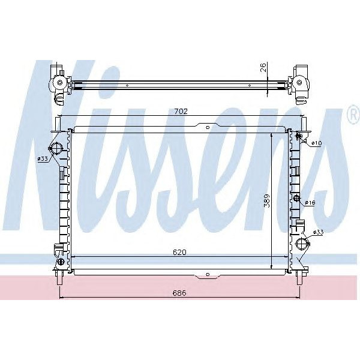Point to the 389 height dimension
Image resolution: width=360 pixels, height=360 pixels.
coord(267,200)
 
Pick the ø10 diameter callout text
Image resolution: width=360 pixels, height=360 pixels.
coord(317,143)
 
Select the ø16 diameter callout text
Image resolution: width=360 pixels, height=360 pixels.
coord(310,203)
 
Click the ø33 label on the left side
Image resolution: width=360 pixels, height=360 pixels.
coord(43,158)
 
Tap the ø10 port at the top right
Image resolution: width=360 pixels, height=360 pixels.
coord(298,137)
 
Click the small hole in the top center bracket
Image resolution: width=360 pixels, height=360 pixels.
coord(207,127)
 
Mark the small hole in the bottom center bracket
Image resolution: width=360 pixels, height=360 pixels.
coord(207,275)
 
